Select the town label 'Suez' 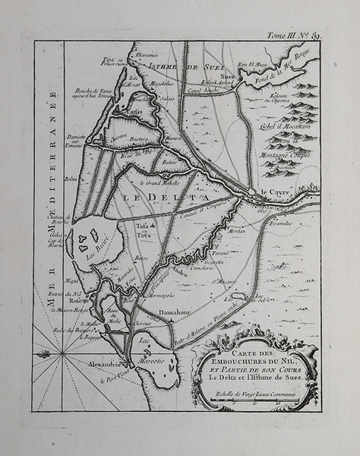(228, 77)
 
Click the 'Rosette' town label (81, 299)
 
